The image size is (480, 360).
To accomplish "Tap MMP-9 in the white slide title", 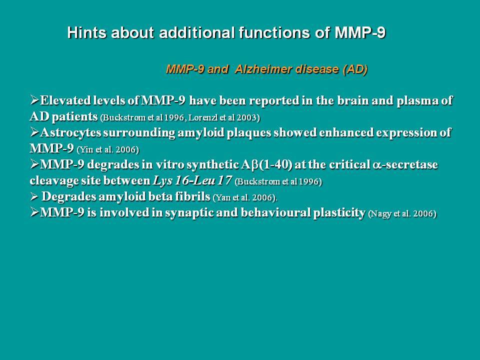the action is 360,32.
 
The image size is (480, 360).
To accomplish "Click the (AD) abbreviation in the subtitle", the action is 355,69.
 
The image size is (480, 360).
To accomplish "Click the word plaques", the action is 249,133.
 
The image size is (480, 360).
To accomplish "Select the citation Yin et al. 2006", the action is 108,149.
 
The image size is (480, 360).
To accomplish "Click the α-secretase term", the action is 405,164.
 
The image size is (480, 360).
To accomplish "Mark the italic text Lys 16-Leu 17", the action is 192,180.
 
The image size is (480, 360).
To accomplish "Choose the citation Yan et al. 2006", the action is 244,198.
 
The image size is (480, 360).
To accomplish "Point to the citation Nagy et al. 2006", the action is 402,213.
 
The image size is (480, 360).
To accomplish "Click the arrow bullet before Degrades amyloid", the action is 34,196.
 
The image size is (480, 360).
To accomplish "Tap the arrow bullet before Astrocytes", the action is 34,132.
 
